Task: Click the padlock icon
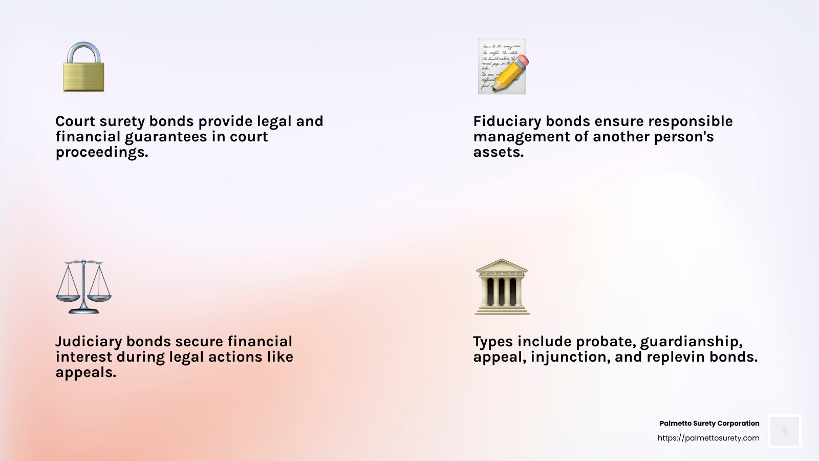[x=83, y=68]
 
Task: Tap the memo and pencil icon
[x=502, y=66]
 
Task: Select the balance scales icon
[x=83, y=287]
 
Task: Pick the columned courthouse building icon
[x=502, y=287]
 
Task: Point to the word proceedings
[x=101, y=153]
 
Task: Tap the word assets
[x=498, y=152]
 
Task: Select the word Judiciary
[x=88, y=342]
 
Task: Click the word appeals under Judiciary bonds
[x=85, y=373]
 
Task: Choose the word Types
[x=492, y=342]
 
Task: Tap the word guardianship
[x=691, y=342]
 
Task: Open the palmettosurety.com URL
[x=708, y=438]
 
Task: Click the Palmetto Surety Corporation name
[x=709, y=423]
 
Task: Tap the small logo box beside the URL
[x=785, y=431]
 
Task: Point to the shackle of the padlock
[x=84, y=51]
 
